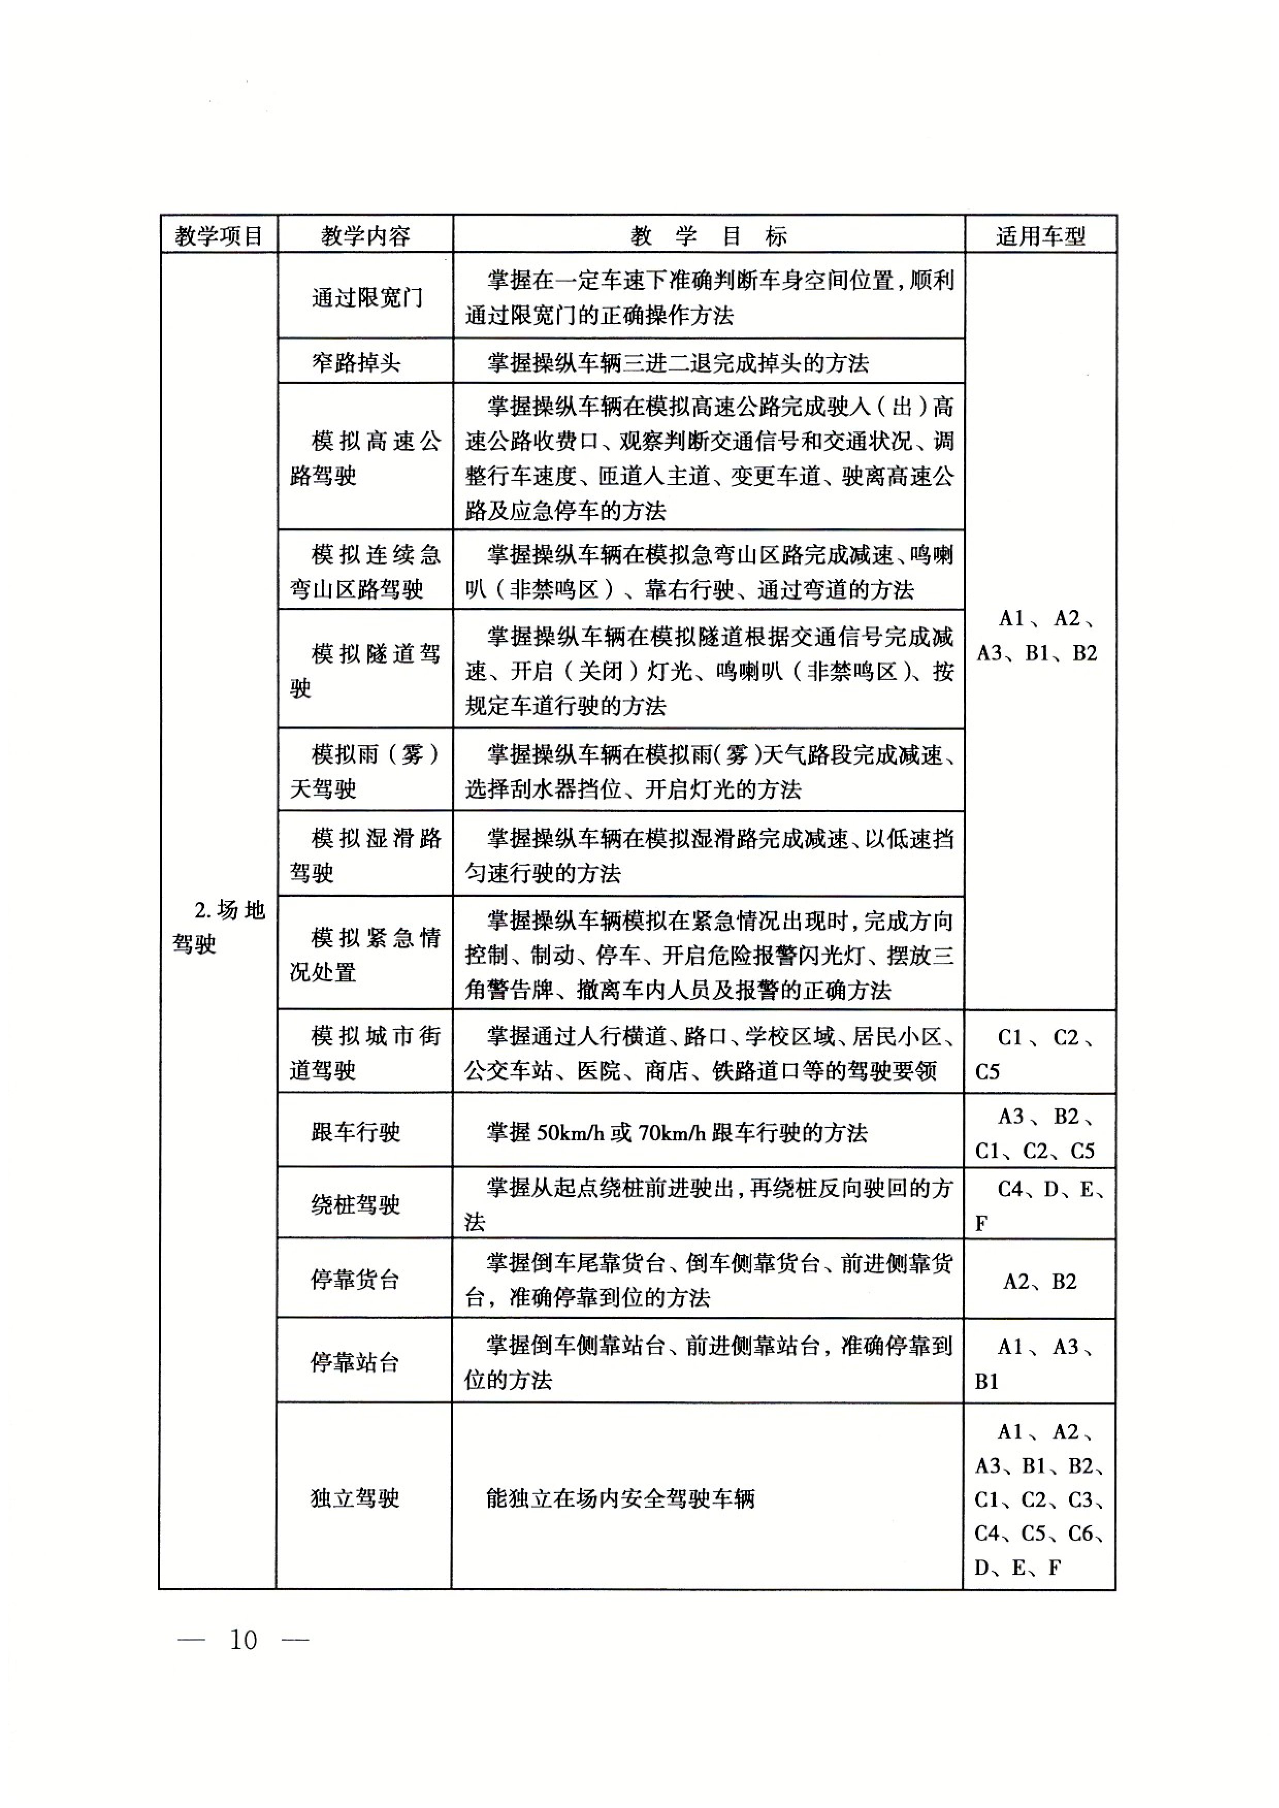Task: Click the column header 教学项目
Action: point(218,235)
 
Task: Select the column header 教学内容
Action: point(365,235)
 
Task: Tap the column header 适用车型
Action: point(1040,235)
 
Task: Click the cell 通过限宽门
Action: point(366,298)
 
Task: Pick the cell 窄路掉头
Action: point(356,362)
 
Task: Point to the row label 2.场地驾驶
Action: point(218,927)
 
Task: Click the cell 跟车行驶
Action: point(356,1132)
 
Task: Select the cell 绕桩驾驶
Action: point(356,1204)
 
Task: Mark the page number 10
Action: point(244,1639)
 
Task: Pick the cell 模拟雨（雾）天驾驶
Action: point(365,771)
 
